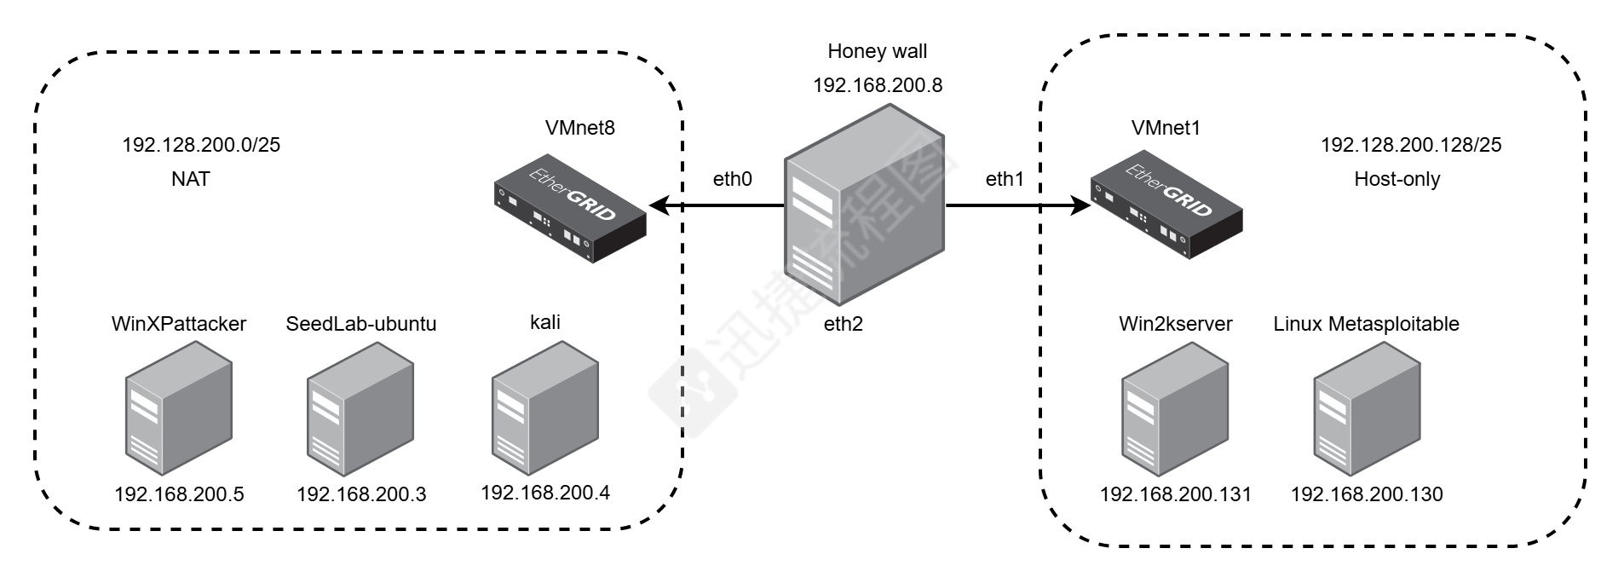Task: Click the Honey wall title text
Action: [x=877, y=52]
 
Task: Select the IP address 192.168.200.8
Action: [x=878, y=85]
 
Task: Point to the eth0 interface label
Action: [x=732, y=179]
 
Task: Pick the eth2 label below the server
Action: [x=843, y=324]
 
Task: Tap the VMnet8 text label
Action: [x=579, y=128]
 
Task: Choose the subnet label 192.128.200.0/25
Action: [x=201, y=145]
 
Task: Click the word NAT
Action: [x=190, y=179]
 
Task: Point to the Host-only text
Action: [x=1397, y=179]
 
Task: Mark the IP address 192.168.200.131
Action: [x=1175, y=494]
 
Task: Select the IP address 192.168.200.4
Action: [x=544, y=493]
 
